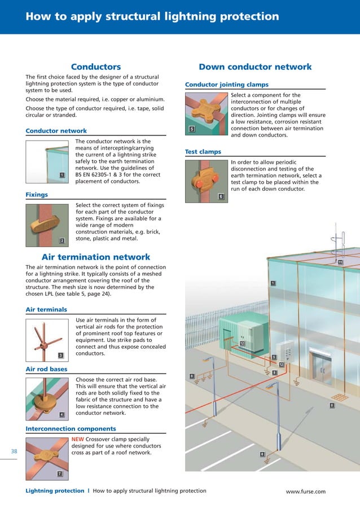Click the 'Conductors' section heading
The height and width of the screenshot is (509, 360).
[95, 67]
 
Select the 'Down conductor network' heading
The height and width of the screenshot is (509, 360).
[255, 67]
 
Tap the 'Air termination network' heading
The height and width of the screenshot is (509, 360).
[96, 257]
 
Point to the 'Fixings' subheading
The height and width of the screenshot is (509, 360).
[37, 195]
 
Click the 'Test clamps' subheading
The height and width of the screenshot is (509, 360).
[203, 152]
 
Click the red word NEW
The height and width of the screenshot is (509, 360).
[79, 439]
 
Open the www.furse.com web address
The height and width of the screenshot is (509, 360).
[305, 492]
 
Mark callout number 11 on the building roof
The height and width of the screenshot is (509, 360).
[340, 262]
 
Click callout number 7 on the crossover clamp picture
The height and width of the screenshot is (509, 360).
[60, 473]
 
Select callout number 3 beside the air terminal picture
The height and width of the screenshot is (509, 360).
[60, 355]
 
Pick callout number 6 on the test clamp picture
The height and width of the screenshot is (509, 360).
[220, 196]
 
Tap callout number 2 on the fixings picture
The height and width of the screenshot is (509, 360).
[62, 241]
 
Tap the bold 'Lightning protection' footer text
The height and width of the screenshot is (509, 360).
[55, 491]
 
